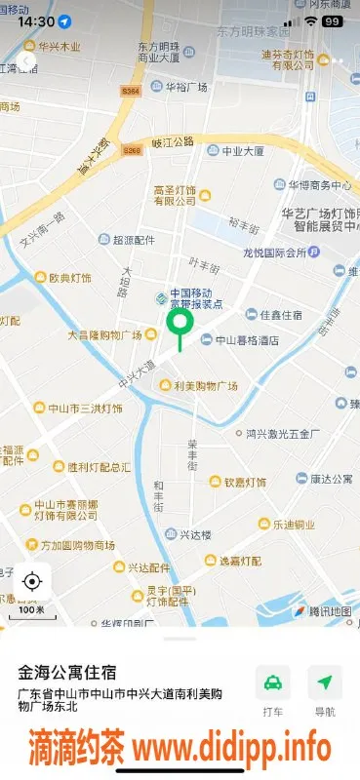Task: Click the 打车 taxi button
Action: pos(273,691)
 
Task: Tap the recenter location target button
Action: pos(32,582)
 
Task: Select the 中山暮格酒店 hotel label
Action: pos(246,340)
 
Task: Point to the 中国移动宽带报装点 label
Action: pos(195,297)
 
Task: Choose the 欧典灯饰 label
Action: pos(70,278)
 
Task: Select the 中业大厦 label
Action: pos(242,151)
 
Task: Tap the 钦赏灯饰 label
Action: pos(244,482)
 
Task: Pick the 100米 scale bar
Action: pos(32,610)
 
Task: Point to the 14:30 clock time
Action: pos(35,20)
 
